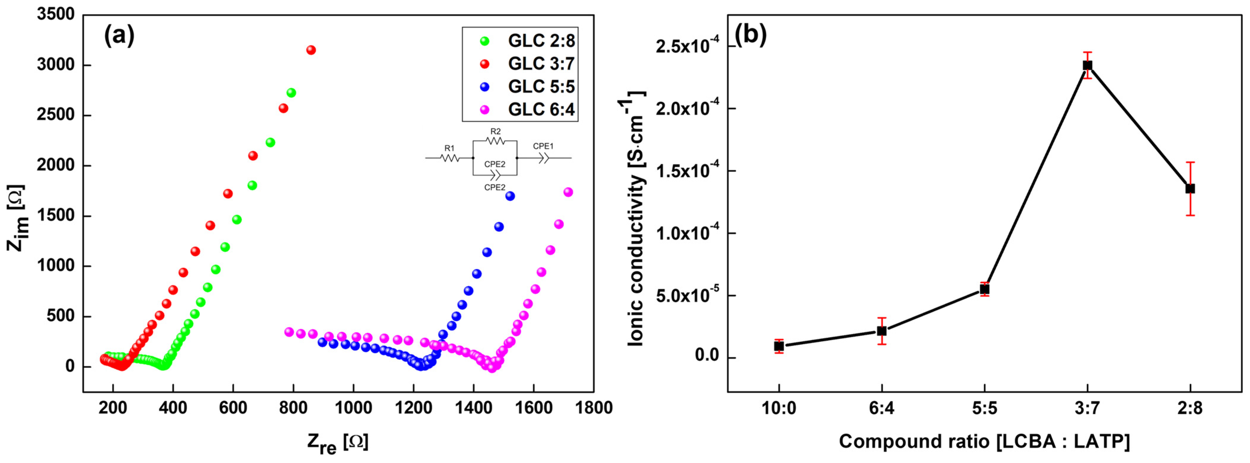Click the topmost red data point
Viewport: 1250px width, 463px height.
pos(311,50)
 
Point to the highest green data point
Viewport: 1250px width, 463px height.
pos(291,93)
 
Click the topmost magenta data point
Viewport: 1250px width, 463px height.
pos(568,192)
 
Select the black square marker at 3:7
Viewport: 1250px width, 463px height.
pos(1088,65)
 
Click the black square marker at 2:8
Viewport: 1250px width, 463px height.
pos(1190,189)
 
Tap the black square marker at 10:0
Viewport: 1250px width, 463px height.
pos(779,346)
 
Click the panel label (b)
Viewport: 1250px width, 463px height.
pos(751,34)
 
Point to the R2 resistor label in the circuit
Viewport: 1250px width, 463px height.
pos(496,131)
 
